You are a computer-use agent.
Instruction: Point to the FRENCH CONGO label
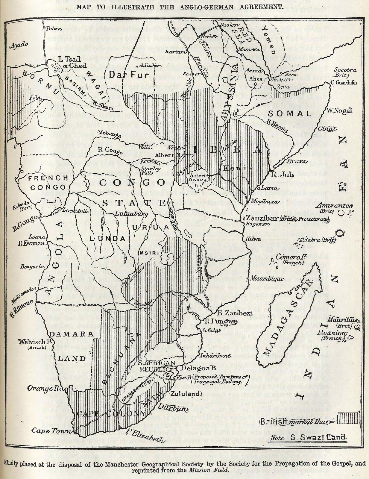tap(48, 183)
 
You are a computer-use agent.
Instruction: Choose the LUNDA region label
tap(107, 239)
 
